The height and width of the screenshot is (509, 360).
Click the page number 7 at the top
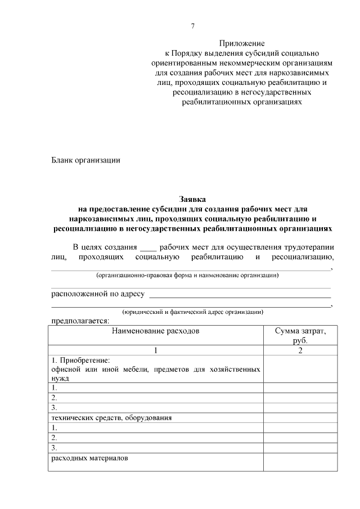tap(193, 26)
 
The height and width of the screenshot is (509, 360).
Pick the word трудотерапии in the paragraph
tap(312, 247)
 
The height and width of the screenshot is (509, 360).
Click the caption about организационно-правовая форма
tap(187, 275)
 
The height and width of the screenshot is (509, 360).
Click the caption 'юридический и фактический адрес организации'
tap(192, 312)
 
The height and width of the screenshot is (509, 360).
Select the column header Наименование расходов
tap(155, 331)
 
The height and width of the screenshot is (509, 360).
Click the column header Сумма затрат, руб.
tap(300, 336)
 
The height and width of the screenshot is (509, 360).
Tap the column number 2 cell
tap(300, 350)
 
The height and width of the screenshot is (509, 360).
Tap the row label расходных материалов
tap(89, 458)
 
